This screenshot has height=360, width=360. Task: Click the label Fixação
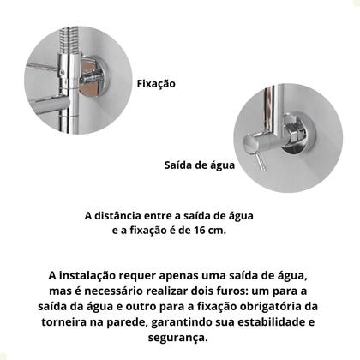[155, 84]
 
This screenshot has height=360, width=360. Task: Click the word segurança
[180, 337]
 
